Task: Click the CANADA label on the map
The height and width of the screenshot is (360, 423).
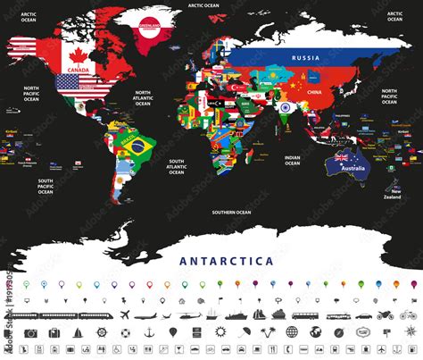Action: [x=77, y=67]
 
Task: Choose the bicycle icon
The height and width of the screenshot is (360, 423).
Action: [x=407, y=315]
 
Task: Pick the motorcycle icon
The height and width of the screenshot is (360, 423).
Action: [x=385, y=315]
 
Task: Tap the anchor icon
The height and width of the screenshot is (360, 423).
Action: [x=147, y=333]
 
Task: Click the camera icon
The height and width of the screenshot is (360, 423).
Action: [x=31, y=333]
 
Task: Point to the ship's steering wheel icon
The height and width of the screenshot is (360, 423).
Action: [x=101, y=333]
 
